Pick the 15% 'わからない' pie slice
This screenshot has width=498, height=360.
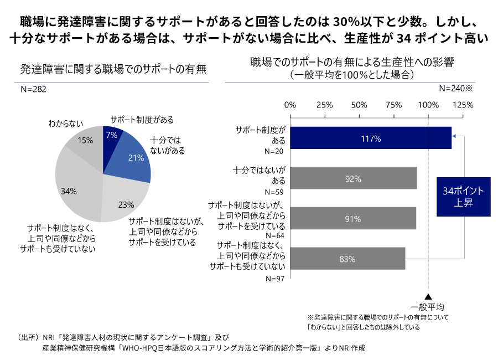(x=85, y=143)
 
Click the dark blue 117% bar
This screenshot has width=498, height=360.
(x=370, y=138)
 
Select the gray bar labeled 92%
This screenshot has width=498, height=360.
(x=353, y=178)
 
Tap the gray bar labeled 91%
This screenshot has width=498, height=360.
(x=352, y=218)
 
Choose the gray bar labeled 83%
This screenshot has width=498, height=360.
(x=347, y=259)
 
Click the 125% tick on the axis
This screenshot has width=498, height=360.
(x=463, y=105)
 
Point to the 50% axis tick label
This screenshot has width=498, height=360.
(x=359, y=105)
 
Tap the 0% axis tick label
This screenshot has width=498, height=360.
(x=290, y=105)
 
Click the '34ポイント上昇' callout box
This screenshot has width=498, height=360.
(x=463, y=197)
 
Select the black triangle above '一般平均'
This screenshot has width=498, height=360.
(x=428, y=297)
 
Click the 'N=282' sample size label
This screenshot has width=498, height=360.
(x=33, y=89)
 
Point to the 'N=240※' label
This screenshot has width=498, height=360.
(x=454, y=88)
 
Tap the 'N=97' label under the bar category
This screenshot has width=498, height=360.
(x=275, y=279)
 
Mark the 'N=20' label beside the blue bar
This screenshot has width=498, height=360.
(x=275, y=151)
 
